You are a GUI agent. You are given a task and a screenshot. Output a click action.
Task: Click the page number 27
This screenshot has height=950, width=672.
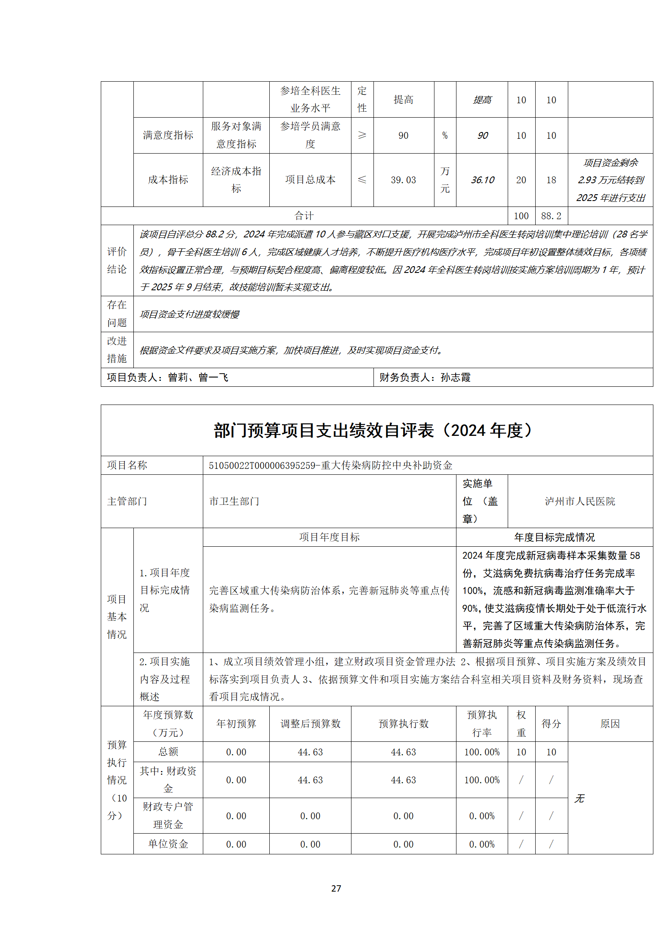[x=336, y=888]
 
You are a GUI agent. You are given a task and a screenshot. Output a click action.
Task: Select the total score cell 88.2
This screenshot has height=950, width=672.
[x=551, y=216]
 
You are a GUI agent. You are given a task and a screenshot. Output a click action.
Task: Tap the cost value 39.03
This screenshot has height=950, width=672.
[x=403, y=180]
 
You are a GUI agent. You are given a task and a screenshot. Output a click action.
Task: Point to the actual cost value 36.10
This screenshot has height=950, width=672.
[x=482, y=180]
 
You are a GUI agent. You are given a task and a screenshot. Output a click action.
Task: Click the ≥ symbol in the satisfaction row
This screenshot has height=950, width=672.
[x=362, y=135]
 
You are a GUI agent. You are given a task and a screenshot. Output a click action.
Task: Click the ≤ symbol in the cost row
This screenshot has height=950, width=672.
[x=362, y=180]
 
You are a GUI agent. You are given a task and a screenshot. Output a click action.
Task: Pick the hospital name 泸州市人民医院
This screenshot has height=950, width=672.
[x=580, y=501]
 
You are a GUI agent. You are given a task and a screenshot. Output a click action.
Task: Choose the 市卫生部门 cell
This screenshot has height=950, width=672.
[x=234, y=501]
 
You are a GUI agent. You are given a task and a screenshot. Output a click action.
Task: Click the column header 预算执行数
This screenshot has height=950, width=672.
[x=403, y=724]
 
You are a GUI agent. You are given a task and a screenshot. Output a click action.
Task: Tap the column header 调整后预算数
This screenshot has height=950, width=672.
[x=310, y=724]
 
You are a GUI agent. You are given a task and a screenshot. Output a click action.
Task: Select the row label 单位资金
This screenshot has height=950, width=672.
[x=168, y=844]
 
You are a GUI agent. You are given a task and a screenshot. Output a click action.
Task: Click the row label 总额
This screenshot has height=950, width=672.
[x=168, y=752]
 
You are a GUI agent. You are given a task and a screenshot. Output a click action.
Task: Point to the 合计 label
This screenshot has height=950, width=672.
[x=304, y=216]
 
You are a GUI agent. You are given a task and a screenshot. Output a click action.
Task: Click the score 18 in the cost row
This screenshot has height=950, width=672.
[x=551, y=180]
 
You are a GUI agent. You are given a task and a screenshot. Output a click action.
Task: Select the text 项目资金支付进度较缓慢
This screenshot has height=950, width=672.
[x=190, y=314]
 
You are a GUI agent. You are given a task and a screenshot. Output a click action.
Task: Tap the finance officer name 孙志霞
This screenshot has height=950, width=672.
[x=455, y=377]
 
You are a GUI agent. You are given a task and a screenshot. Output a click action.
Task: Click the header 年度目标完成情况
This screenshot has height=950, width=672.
[x=554, y=537]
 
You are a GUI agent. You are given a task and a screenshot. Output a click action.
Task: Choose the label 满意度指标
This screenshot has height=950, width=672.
[x=168, y=135]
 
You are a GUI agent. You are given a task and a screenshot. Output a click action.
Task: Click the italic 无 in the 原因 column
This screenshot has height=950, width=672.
[x=579, y=798]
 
